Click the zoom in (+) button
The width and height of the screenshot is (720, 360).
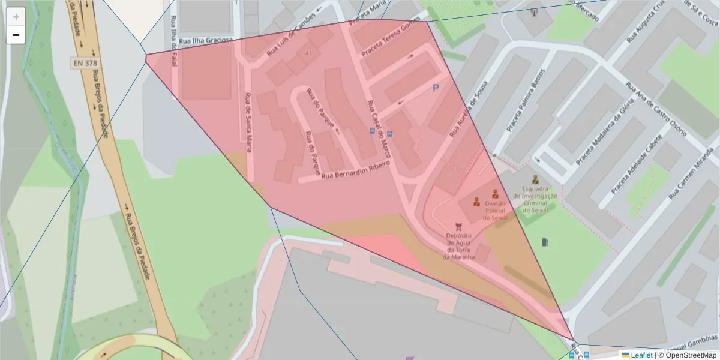(16, 17)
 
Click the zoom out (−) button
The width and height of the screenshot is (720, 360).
(16, 35)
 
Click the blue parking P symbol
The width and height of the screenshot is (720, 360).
(436, 88)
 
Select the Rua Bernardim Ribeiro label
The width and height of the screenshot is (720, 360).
(356, 170)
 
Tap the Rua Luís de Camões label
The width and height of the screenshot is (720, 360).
(290, 35)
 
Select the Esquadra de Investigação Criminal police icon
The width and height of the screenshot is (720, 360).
(535, 179)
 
